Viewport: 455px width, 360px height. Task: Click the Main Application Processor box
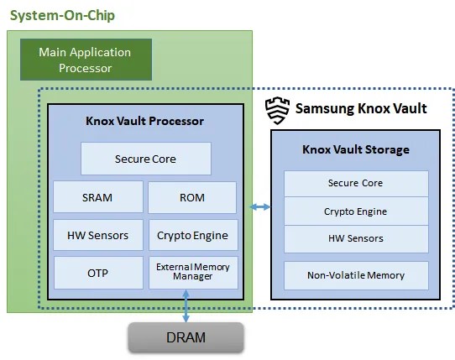click(x=86, y=60)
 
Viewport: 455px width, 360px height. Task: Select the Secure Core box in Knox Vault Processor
click(x=145, y=159)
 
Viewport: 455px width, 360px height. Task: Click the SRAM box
click(x=97, y=197)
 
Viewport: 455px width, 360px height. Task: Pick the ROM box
click(x=192, y=197)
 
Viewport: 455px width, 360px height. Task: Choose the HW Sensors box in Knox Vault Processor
click(x=97, y=235)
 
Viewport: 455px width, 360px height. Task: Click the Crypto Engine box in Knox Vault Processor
click(x=192, y=235)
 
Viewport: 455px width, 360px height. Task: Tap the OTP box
click(x=97, y=274)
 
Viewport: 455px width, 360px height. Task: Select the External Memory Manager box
click(x=192, y=273)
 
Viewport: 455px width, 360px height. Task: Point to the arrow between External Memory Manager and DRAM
click(x=186, y=305)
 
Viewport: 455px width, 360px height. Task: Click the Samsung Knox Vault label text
click(x=361, y=108)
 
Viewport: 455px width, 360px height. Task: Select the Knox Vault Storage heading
click(x=355, y=150)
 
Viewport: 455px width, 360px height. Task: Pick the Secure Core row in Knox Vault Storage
click(x=355, y=183)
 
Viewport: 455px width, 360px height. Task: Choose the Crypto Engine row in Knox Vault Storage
click(x=355, y=211)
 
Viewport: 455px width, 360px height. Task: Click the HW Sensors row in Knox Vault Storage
click(x=355, y=238)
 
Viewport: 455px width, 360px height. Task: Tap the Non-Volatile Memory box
click(x=355, y=275)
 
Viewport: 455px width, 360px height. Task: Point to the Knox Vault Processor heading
click(x=144, y=121)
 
